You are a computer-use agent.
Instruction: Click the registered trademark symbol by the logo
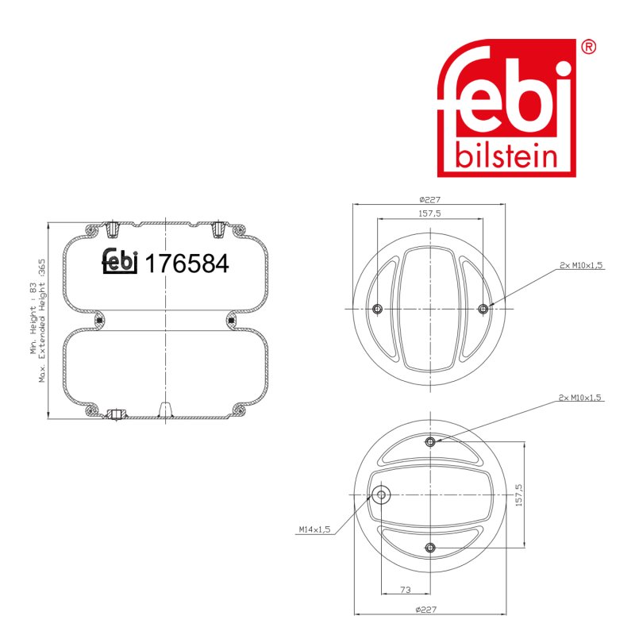588,47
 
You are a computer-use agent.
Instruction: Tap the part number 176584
187,264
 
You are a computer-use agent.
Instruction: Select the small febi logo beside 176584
120,261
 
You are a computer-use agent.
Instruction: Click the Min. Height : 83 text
33,318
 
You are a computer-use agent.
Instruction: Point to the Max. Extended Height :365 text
42,321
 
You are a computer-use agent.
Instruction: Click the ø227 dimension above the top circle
429,200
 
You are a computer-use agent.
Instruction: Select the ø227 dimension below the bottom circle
426,609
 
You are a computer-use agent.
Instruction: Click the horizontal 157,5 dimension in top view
429,214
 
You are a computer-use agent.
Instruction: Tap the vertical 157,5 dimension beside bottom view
519,495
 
